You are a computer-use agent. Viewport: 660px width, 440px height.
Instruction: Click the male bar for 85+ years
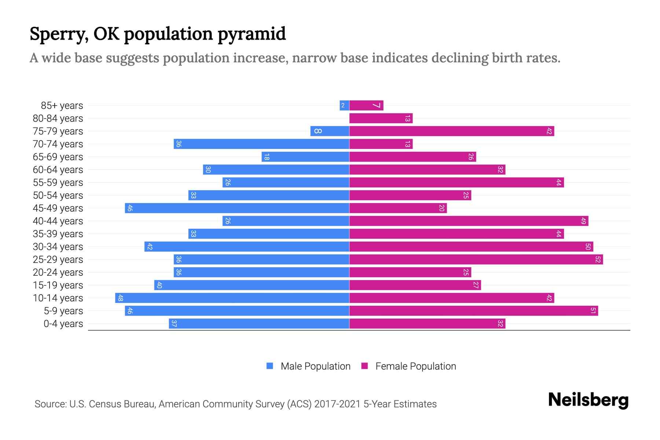(344, 106)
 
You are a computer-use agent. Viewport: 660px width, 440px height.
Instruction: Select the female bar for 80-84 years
(381, 118)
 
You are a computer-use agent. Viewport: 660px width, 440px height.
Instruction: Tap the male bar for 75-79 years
(330, 131)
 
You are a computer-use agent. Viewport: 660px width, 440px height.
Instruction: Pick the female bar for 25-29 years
(476, 260)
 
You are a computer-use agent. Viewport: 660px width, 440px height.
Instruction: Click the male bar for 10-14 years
(232, 298)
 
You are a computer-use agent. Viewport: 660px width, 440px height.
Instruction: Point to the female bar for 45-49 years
(398, 208)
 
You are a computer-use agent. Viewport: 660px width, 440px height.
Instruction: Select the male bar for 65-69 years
(305, 157)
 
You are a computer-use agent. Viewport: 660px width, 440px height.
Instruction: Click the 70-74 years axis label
(58, 144)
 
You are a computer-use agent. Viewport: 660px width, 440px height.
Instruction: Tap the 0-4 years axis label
(63, 324)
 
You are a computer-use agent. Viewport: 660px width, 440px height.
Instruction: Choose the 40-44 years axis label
(58, 221)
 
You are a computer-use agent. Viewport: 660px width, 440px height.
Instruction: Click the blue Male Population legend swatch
(270, 366)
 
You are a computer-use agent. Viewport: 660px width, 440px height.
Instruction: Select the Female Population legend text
(415, 366)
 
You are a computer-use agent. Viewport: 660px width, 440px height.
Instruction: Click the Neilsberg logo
(588, 400)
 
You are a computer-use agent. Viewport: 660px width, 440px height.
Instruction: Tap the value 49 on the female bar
(583, 221)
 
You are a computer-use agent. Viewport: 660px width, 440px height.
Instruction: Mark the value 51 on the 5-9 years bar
(593, 311)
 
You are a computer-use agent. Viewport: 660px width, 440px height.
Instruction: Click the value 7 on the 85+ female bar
(377, 106)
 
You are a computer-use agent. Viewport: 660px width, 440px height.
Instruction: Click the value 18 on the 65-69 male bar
(267, 157)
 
